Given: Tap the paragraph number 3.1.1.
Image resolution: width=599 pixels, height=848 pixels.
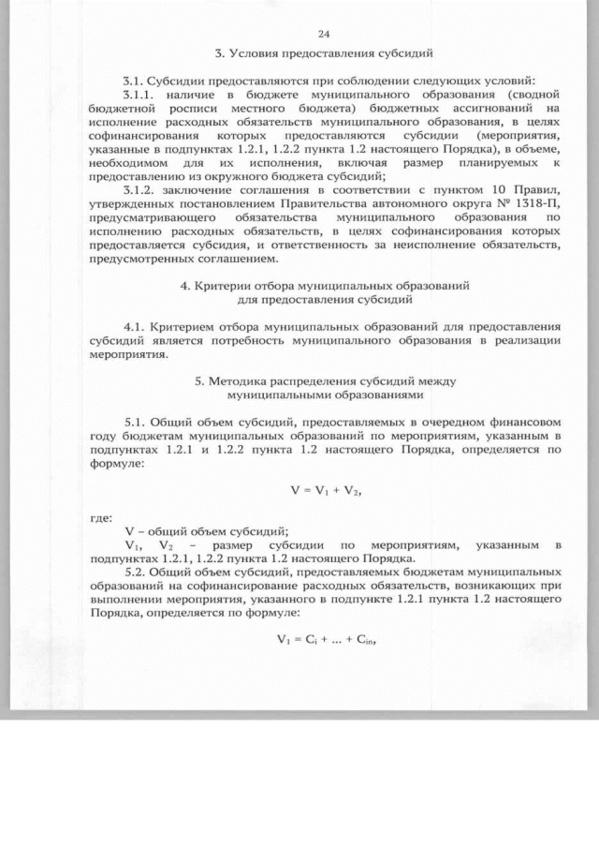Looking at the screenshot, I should (x=144, y=95).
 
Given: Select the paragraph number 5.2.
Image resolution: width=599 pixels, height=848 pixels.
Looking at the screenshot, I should (x=136, y=571).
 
